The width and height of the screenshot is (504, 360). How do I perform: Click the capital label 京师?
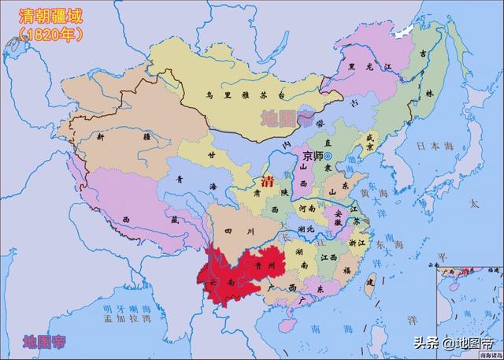(x=311, y=157)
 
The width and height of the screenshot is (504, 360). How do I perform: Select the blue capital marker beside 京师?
(x=328, y=157)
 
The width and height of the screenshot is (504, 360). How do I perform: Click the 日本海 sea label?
(x=432, y=146)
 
